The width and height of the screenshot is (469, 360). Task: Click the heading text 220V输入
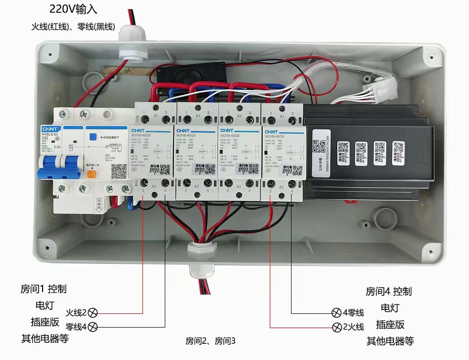[x=73, y=10]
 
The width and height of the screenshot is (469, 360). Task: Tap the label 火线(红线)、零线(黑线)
[x=73, y=26]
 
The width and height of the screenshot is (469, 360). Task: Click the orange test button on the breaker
[x=92, y=174]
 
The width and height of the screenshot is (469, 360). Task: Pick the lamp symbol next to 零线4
[x=93, y=327]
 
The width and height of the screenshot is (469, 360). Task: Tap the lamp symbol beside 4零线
[x=336, y=312]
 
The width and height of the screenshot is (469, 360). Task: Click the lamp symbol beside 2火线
[x=336, y=327]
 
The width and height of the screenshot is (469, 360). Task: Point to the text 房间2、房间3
[x=210, y=341]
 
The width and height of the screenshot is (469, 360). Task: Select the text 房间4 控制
[x=389, y=292]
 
